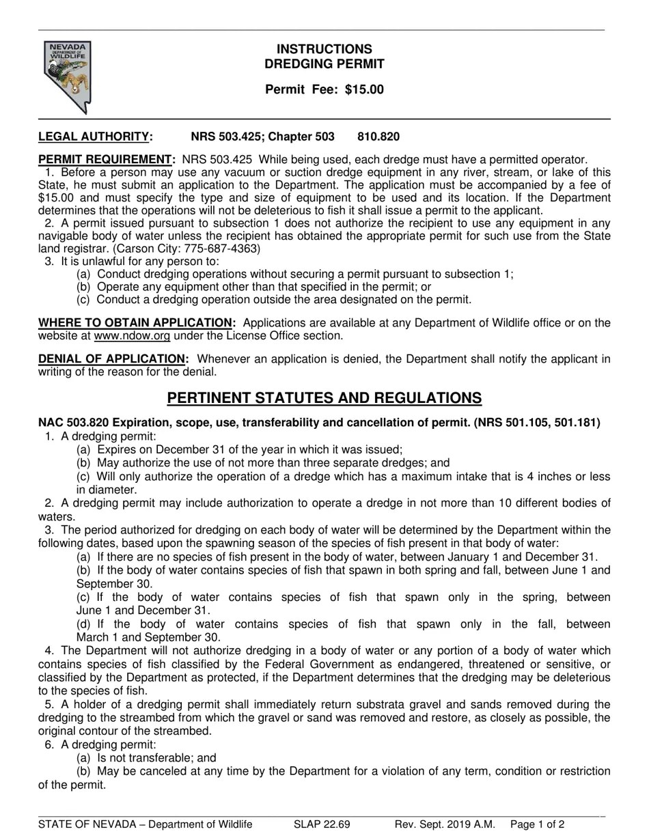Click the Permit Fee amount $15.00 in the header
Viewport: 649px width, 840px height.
[364, 89]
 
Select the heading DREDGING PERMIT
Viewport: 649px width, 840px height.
[324, 64]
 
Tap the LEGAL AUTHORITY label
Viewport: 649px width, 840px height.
[94, 137]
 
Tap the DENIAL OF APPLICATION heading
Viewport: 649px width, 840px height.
[112, 359]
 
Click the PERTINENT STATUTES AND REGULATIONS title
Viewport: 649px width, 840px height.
[324, 398]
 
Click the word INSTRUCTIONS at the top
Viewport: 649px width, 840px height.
[324, 49]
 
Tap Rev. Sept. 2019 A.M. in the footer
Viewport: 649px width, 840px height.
[444, 824]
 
